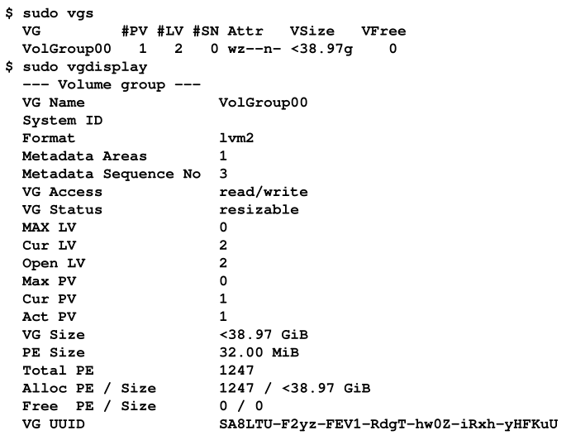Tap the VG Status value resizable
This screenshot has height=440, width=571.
tap(259, 209)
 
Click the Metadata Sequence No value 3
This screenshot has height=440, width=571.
tap(223, 174)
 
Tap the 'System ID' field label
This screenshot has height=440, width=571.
tap(62, 121)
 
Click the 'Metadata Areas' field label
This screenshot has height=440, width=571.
tap(84, 156)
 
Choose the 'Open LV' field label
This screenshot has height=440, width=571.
tap(54, 263)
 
